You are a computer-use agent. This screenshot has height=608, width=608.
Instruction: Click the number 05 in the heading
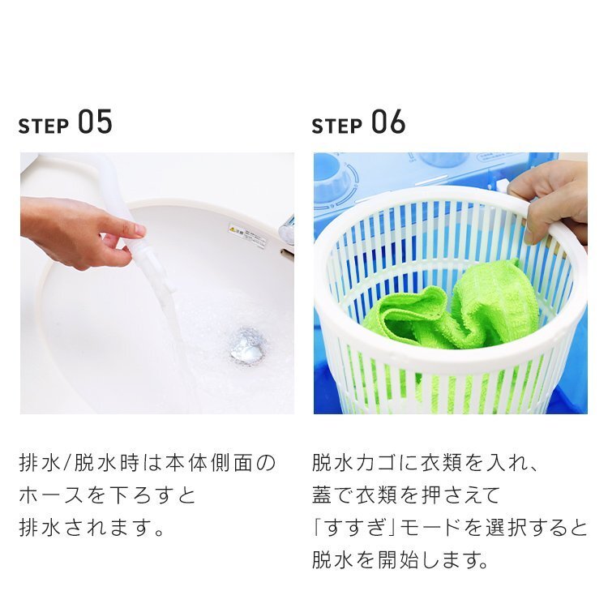(x=96, y=122)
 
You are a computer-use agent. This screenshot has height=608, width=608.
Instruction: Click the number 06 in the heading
(x=388, y=122)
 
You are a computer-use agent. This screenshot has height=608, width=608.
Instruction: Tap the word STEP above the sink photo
(x=44, y=126)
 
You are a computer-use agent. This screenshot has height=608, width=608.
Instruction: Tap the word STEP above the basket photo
(x=336, y=126)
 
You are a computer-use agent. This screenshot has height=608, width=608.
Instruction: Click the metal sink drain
(x=247, y=346)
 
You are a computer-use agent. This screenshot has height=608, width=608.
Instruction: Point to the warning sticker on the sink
(x=247, y=234)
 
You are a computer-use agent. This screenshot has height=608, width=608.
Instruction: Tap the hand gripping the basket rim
(x=550, y=202)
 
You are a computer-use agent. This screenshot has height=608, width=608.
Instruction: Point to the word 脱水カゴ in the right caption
(x=353, y=463)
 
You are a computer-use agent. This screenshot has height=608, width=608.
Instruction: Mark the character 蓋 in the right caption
(x=322, y=495)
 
